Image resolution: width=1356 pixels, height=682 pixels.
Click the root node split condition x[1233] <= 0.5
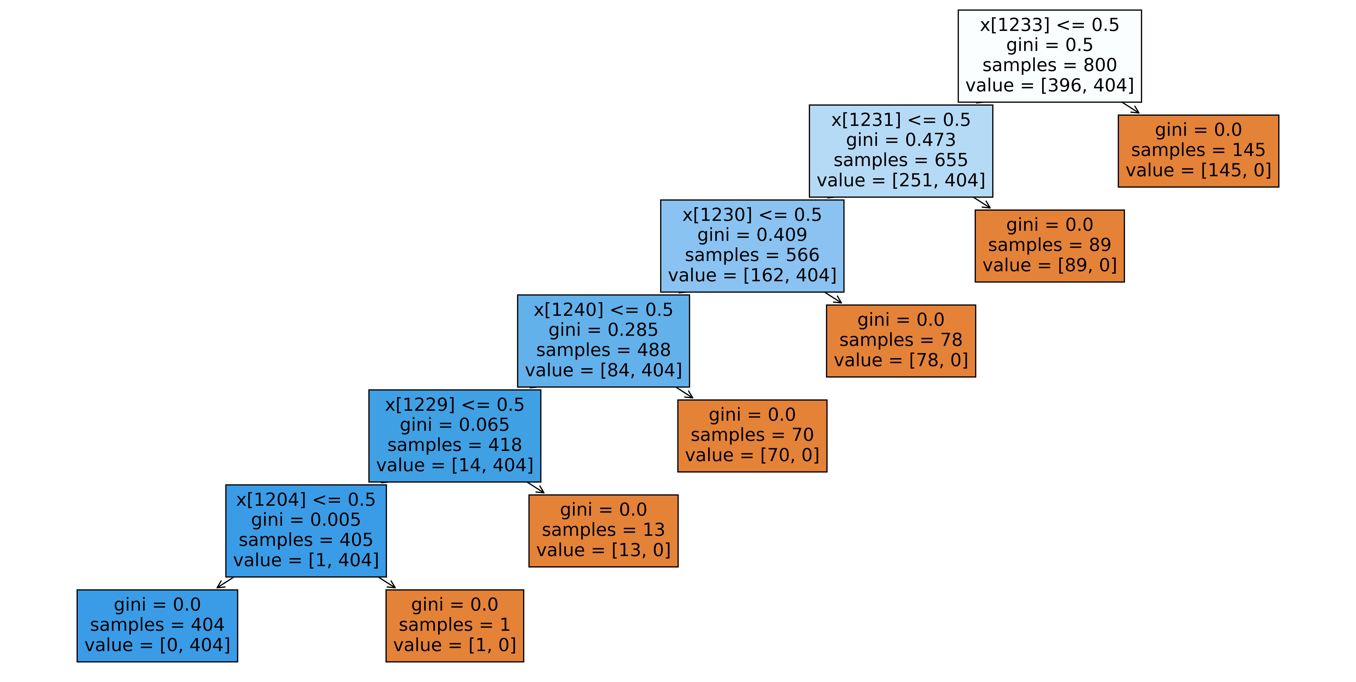(1049, 25)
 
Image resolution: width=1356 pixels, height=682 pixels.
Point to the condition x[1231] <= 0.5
(901, 120)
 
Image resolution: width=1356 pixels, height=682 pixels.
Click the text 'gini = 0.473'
(901, 140)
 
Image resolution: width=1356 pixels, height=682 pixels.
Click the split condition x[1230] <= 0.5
(752, 215)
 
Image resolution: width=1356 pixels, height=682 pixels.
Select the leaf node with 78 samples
(901, 340)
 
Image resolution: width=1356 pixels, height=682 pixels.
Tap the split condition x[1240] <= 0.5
(603, 310)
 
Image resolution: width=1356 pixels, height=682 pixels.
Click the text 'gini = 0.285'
(603, 330)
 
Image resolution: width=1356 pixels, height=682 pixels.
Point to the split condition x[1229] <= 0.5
(455, 405)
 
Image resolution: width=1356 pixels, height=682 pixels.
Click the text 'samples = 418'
(455, 445)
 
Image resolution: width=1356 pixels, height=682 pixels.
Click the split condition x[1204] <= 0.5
(306, 499)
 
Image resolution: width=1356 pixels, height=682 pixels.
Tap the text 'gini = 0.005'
(306, 520)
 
